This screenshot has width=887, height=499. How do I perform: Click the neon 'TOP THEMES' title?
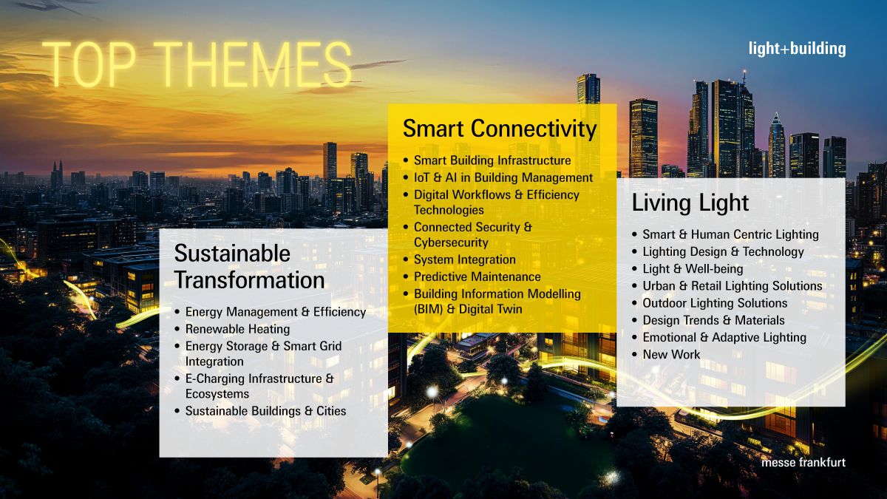197,63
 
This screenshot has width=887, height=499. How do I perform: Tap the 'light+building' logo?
797,50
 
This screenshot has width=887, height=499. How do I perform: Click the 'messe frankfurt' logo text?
803,462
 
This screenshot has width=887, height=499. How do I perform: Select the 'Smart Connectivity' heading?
500,129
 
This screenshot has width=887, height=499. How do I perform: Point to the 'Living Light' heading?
690,203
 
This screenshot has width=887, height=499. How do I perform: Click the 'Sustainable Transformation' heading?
249,267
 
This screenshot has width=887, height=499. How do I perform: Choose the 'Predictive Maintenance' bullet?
477,276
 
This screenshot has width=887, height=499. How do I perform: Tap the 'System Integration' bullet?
464,259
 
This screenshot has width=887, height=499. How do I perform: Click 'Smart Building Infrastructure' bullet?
492,160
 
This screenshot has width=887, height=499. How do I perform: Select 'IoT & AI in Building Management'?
503,177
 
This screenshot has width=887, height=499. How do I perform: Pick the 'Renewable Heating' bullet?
237,329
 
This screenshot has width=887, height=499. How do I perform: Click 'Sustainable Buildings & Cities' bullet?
265,410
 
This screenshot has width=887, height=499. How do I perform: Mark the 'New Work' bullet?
671,354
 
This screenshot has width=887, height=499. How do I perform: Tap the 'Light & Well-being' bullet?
693,268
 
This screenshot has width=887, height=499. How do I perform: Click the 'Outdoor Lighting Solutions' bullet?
715,303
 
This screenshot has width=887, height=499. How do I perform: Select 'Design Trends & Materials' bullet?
713,320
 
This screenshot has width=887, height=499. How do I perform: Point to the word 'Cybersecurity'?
451,242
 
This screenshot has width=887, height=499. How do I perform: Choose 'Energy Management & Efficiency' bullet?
275,312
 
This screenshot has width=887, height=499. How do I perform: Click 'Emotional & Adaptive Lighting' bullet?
724,337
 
